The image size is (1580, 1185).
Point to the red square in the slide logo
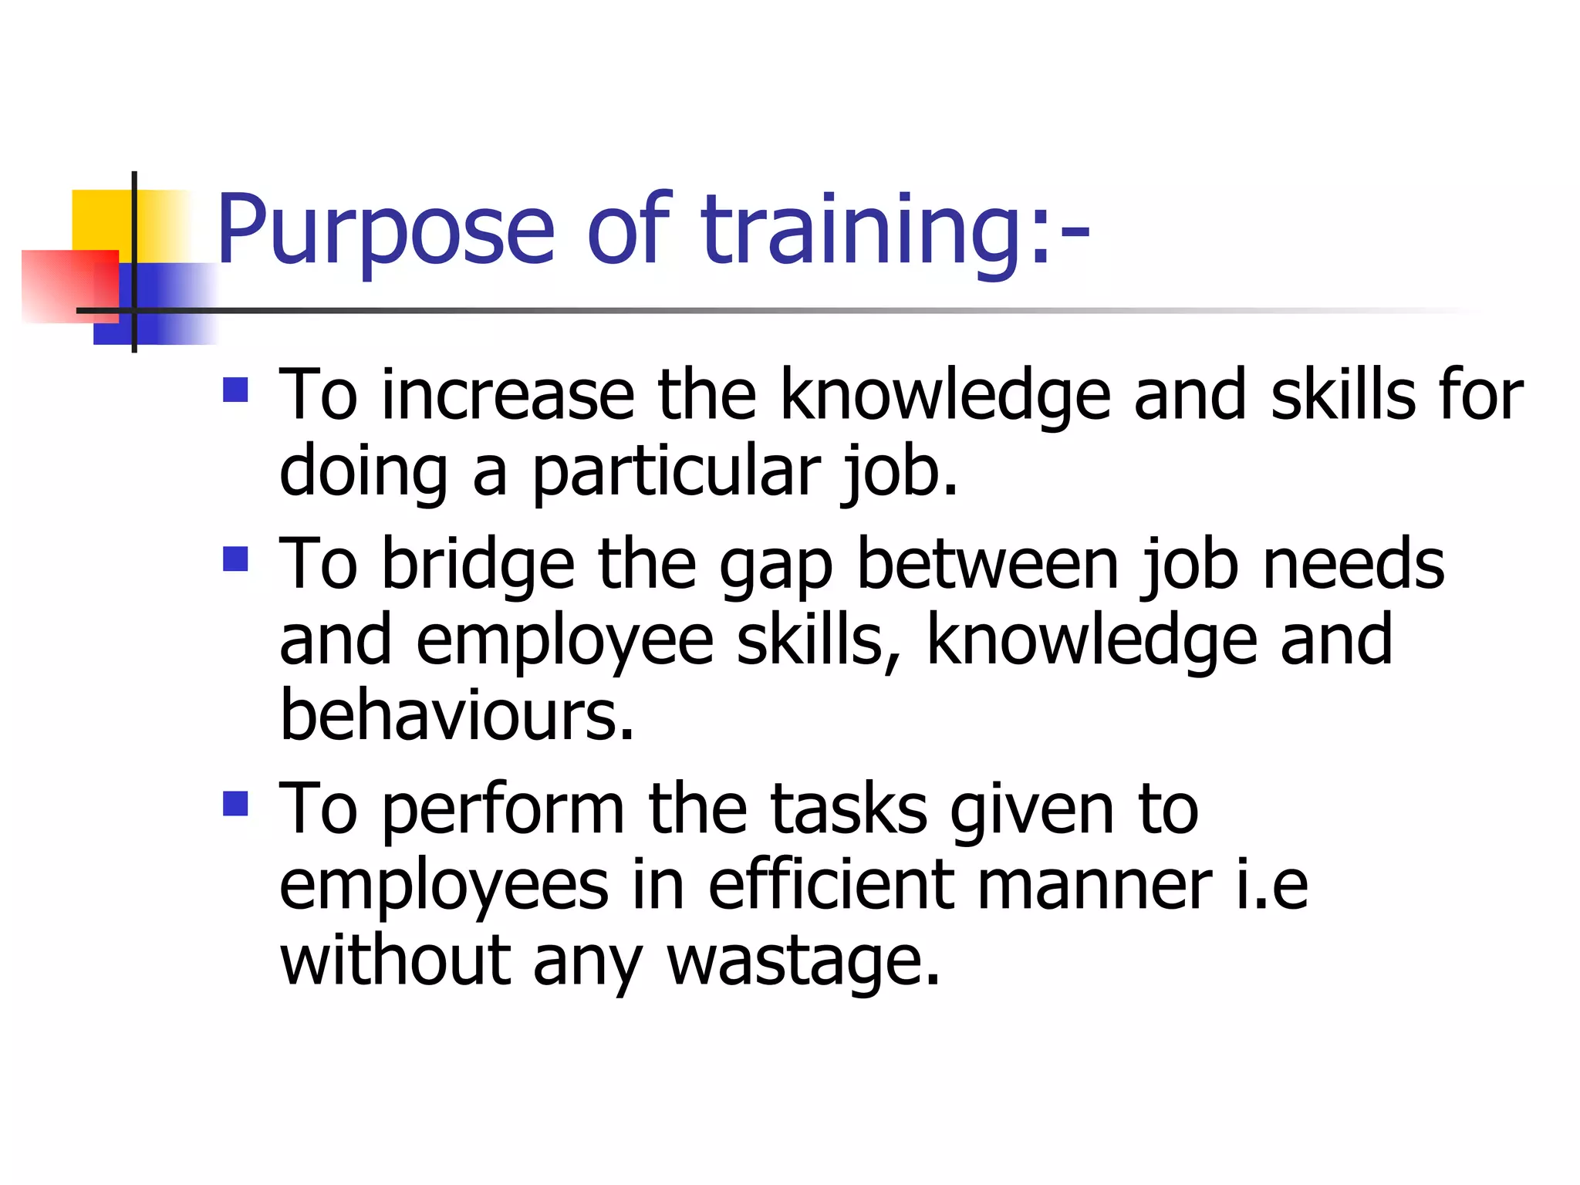[69, 286]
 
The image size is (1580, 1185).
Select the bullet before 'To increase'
[235, 390]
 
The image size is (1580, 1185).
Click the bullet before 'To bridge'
[235, 559]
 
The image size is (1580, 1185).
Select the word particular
[676, 472]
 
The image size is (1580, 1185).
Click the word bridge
[478, 565]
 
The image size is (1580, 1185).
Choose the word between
[987, 565]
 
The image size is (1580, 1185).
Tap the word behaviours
[457, 716]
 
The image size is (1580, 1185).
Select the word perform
[503, 810]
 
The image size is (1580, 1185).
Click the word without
[395, 961]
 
